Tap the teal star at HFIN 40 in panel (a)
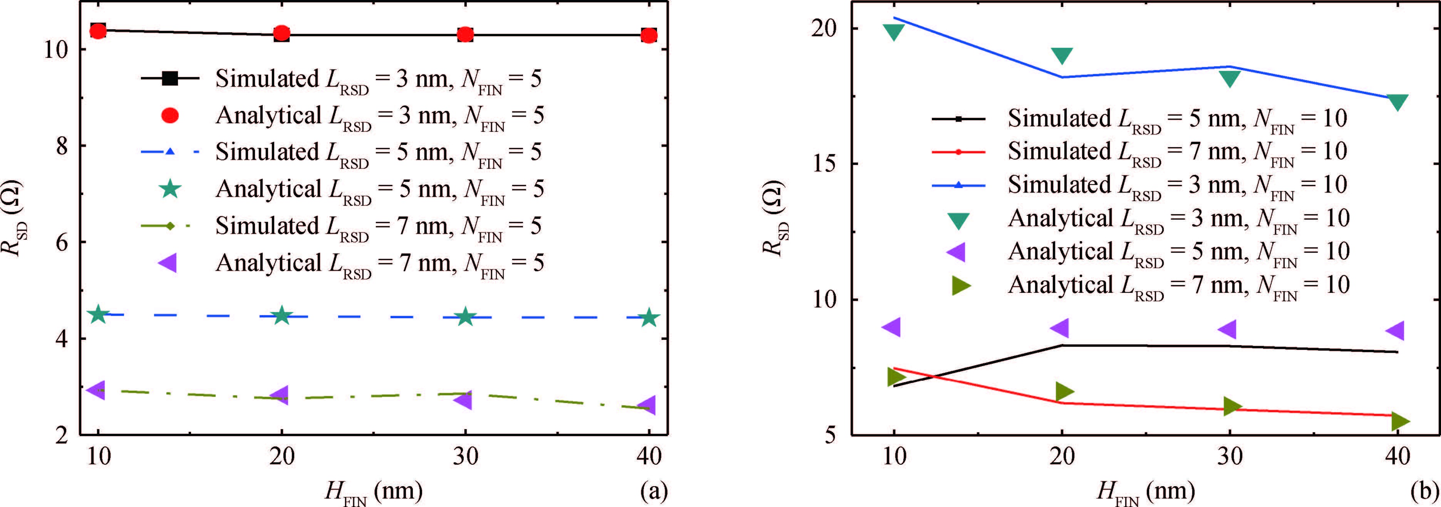pos(648,317)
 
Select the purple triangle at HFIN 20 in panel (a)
pos(279,395)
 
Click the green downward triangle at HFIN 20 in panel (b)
pos(1062,55)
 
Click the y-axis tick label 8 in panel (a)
pos(62,146)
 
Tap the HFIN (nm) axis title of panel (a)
pos(374,492)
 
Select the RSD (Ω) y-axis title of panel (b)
pos(775,218)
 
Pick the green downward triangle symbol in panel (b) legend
pos(958,220)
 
